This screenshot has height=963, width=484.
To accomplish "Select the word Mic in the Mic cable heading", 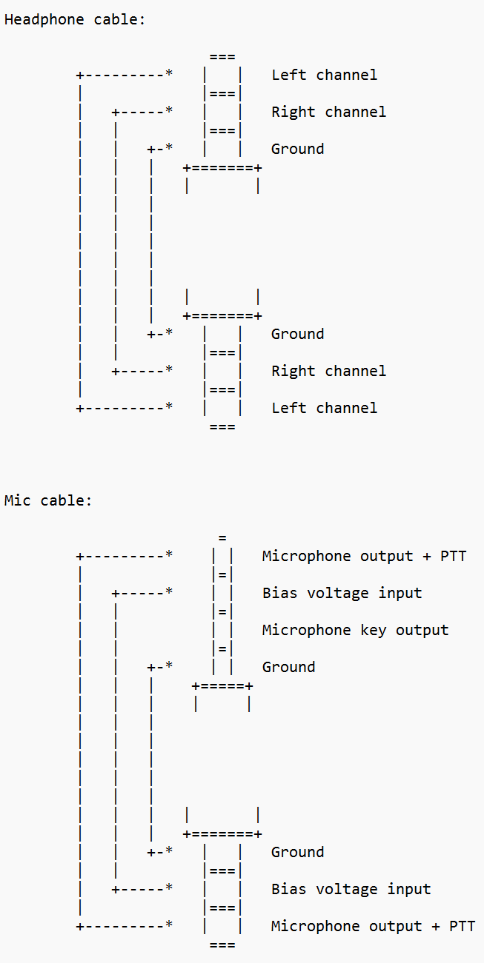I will [x=18, y=501].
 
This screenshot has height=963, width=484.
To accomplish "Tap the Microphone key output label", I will [x=355, y=631].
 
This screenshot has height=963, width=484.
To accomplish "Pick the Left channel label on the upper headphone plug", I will [x=324, y=76].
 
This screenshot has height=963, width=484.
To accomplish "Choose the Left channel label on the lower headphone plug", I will [x=324, y=409].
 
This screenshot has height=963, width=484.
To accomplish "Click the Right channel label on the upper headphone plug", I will [x=328, y=113].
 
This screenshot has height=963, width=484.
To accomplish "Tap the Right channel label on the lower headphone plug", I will [x=328, y=372].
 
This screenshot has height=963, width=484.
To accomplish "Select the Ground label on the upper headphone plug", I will [x=297, y=150].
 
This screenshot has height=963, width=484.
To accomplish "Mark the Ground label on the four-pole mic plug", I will [x=288, y=668].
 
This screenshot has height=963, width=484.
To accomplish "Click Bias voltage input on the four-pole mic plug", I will [x=342, y=594].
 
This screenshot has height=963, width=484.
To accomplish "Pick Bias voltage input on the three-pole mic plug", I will [x=351, y=890].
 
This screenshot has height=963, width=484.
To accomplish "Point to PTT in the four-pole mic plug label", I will [x=454, y=557].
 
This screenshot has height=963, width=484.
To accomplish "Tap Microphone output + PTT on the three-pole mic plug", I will [x=373, y=927].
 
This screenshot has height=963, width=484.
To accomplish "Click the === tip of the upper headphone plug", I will [x=222, y=57].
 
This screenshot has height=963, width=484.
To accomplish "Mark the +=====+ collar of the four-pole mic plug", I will [x=222, y=686].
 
